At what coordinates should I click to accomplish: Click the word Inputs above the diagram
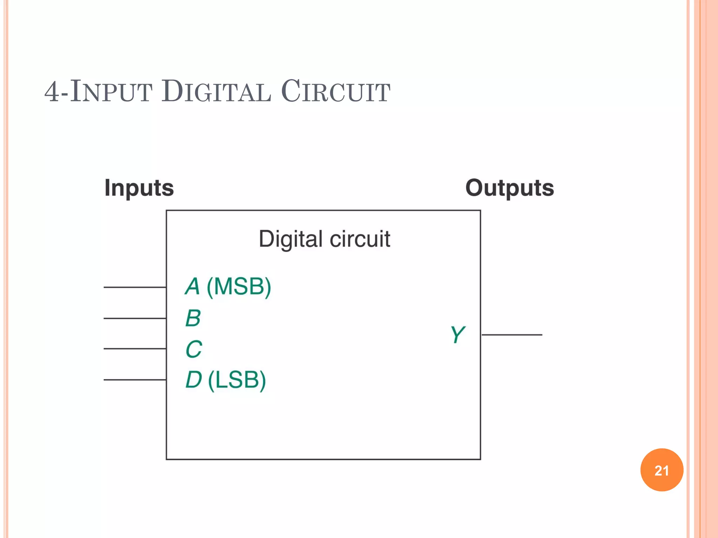click(x=139, y=188)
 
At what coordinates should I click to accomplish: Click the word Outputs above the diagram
click(x=509, y=188)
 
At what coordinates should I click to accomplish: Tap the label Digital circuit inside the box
click(x=324, y=239)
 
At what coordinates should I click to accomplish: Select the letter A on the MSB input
click(x=192, y=287)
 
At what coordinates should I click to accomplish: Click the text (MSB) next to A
click(x=239, y=287)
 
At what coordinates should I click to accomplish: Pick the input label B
click(x=193, y=318)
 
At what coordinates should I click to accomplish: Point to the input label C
click(x=194, y=349)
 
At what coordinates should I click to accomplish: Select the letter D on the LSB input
click(x=194, y=380)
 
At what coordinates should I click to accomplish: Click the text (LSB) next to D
click(x=237, y=380)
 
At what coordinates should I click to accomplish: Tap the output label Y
click(x=457, y=334)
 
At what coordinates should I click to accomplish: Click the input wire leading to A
click(x=135, y=287)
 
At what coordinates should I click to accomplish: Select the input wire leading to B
click(x=135, y=318)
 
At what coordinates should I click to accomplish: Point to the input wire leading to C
click(x=135, y=349)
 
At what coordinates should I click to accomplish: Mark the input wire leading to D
click(x=135, y=380)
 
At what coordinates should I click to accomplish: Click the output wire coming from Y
click(x=512, y=335)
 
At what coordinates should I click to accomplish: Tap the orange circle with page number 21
click(x=662, y=470)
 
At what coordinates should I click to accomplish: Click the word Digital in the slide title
click(x=216, y=91)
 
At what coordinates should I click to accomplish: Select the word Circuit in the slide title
click(x=336, y=91)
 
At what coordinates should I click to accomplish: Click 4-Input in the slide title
click(x=99, y=91)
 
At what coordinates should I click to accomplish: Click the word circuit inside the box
click(x=360, y=239)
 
